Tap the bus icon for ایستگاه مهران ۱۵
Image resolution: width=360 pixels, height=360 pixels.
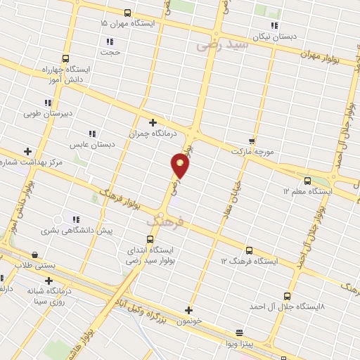(x=127, y=13)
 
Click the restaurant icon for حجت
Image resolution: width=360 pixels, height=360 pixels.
(x=110, y=41)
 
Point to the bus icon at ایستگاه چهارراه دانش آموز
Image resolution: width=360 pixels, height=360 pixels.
(x=65, y=59)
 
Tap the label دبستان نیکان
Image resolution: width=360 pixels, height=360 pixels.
(x=279, y=34)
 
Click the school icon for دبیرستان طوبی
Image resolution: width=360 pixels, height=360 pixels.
(x=49, y=103)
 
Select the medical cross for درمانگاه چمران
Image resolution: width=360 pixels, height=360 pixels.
(x=152, y=122)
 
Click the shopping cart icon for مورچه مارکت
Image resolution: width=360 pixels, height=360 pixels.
(x=252, y=141)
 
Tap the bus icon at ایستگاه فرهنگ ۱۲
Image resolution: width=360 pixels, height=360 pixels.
(x=249, y=250)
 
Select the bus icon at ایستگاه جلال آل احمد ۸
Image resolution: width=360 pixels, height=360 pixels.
(x=286, y=296)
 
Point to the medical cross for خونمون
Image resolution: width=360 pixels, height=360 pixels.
(x=188, y=309)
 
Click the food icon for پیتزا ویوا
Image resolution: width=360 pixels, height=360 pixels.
(x=239, y=333)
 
